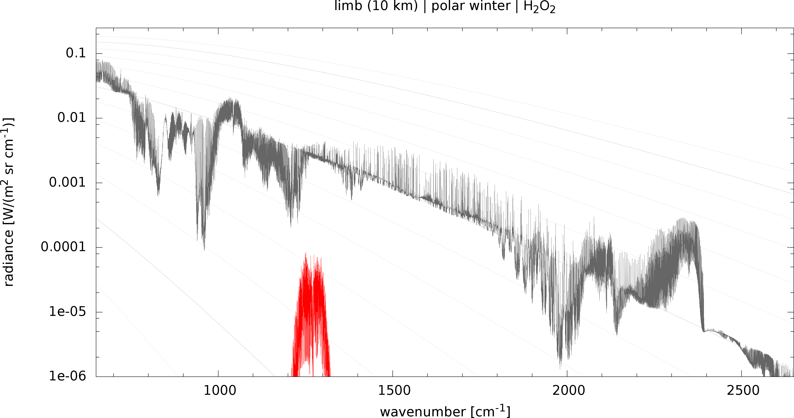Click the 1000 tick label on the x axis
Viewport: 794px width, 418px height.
[219, 391]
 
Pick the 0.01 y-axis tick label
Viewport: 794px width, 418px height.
[72, 118]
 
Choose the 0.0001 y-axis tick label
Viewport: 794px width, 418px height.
[63, 247]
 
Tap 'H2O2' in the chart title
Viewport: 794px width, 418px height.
[539, 7]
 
